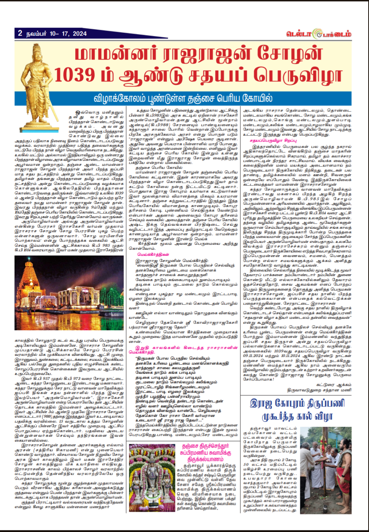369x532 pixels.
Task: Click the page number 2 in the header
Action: [20, 33]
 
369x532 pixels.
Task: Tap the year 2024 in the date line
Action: [80, 34]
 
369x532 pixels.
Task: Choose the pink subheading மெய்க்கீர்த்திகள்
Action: [153, 254]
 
